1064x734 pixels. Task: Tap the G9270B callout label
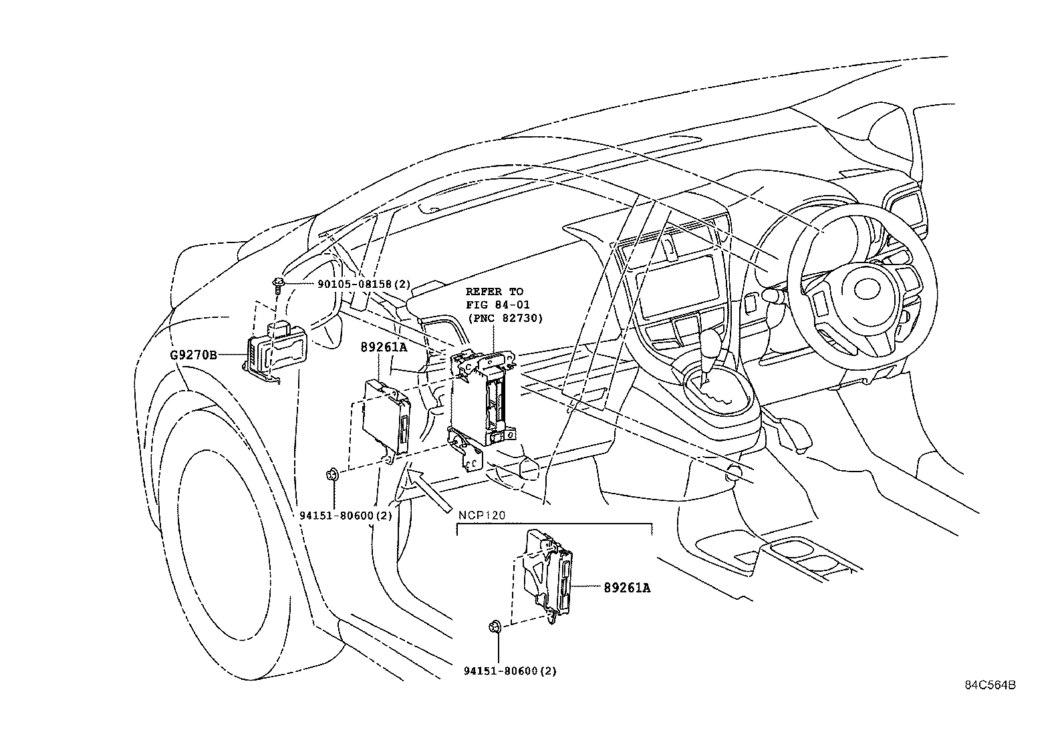pos(194,355)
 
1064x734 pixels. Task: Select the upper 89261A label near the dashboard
pos(384,347)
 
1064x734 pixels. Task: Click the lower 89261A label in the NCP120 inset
pos(627,588)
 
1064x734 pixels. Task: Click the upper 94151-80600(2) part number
pos(345,515)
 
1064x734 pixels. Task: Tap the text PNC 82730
pos(505,318)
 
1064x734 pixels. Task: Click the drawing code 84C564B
pos(990,685)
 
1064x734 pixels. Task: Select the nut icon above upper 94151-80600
pos(331,475)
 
